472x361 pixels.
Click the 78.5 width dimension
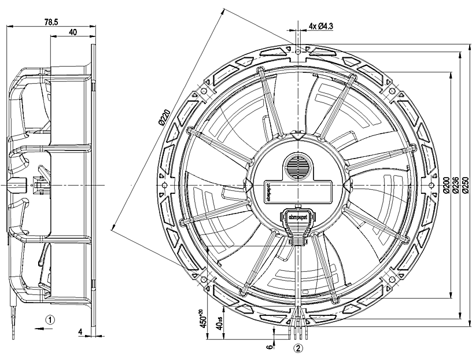pyautogui.click(x=52, y=21)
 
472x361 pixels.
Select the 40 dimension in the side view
pyautogui.click(x=73, y=32)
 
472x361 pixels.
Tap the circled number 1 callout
pyautogui.click(x=51, y=319)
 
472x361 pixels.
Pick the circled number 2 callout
pyautogui.click(x=298, y=348)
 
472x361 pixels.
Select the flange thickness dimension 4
pyautogui.click(x=81, y=332)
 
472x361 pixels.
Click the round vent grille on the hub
pyautogui.click(x=298, y=166)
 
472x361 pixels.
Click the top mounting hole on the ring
pyautogui.click(x=298, y=52)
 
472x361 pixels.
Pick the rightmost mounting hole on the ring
pyautogui.click(x=431, y=185)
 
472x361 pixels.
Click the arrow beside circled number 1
pyautogui.click(x=39, y=327)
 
